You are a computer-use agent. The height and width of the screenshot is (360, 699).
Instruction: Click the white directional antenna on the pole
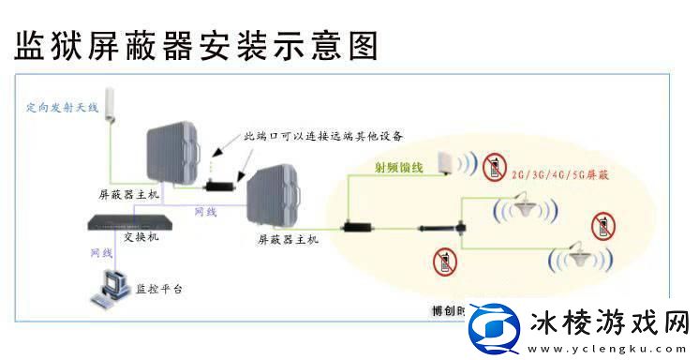tap(109, 102)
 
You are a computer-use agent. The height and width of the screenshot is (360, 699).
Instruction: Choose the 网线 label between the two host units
tap(205, 212)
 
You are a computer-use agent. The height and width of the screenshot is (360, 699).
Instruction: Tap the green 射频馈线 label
tap(398, 168)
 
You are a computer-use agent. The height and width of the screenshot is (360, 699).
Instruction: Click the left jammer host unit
tap(175, 153)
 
